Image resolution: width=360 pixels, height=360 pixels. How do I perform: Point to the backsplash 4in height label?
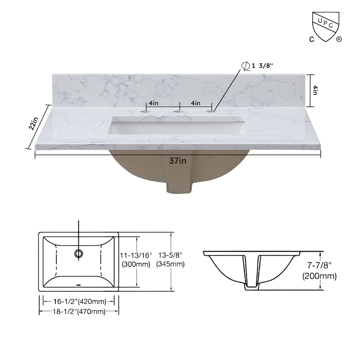click(315, 90)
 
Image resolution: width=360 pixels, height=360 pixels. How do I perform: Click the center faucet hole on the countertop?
click(178, 112)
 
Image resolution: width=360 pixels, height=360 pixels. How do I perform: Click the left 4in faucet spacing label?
click(153, 103)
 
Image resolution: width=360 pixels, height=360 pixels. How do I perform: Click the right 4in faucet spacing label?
click(195, 103)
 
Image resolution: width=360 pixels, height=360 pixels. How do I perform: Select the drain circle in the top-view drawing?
click(79, 253)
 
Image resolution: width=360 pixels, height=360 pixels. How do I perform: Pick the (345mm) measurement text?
click(170, 264)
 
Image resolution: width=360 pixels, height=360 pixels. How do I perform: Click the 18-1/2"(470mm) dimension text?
click(79, 312)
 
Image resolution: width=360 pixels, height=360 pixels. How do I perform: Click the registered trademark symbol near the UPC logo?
click(339, 39)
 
